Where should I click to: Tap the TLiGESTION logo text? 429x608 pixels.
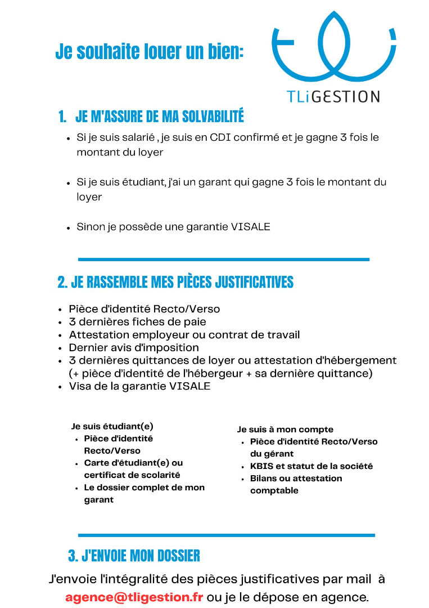(333, 96)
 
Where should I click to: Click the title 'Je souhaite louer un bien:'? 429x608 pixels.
(150, 52)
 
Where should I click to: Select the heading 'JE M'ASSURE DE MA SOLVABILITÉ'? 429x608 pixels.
(159, 117)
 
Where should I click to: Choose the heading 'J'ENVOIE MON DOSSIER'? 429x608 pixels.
(141, 556)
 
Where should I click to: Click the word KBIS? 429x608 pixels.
(261, 466)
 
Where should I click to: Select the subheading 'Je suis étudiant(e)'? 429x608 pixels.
(112, 426)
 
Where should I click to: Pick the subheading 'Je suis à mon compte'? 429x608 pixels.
(285, 430)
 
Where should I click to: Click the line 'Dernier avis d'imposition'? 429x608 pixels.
(134, 347)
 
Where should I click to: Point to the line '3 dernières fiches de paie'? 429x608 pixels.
(137, 322)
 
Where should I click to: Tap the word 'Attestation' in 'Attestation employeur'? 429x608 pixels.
(97, 334)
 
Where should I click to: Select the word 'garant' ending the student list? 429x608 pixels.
(98, 500)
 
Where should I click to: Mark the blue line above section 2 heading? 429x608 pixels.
(223, 260)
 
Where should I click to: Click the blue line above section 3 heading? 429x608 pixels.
(226, 535)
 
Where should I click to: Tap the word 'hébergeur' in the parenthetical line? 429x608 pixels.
(218, 373)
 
